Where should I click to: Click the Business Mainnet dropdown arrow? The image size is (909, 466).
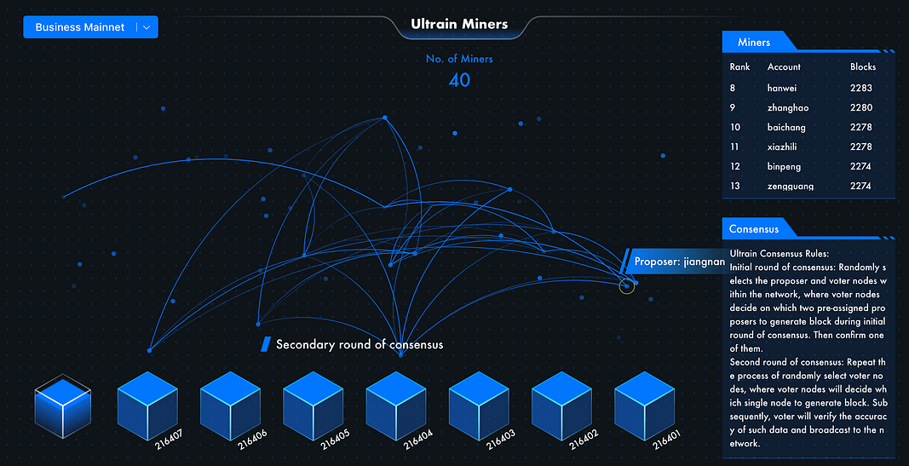[x=147, y=27]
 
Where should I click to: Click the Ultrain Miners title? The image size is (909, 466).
[x=459, y=24]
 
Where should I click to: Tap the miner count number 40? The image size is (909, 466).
[x=459, y=80]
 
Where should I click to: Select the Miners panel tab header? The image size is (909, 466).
[x=755, y=42]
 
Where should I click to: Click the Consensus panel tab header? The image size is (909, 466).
[x=755, y=229]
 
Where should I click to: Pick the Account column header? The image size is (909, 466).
[x=784, y=66]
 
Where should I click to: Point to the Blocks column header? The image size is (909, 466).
[x=863, y=66]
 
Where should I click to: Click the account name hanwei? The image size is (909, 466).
[x=783, y=88]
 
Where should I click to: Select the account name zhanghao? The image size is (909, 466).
[x=788, y=108]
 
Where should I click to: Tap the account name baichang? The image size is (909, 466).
[x=786, y=128]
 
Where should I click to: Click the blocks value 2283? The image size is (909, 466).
[x=861, y=88]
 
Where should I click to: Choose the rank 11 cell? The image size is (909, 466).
[x=734, y=147]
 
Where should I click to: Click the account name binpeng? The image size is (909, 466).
[x=785, y=167]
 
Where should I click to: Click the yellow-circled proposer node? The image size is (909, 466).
[x=627, y=286]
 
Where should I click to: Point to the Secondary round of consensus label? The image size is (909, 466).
[x=359, y=344]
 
